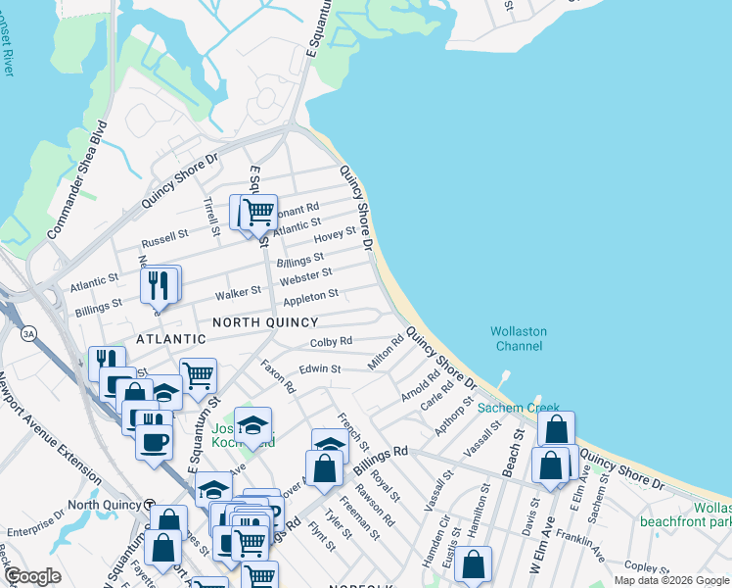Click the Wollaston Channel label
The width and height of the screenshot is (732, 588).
519,339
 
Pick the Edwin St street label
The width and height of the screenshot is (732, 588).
319,369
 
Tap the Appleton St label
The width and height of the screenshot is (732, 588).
310,294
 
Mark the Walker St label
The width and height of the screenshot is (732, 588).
238,291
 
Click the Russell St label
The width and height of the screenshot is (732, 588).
164,237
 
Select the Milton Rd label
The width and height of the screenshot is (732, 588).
386,354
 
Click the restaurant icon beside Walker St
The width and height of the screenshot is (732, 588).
160,285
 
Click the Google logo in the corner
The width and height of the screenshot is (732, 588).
33,576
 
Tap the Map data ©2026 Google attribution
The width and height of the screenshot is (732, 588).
670,580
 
